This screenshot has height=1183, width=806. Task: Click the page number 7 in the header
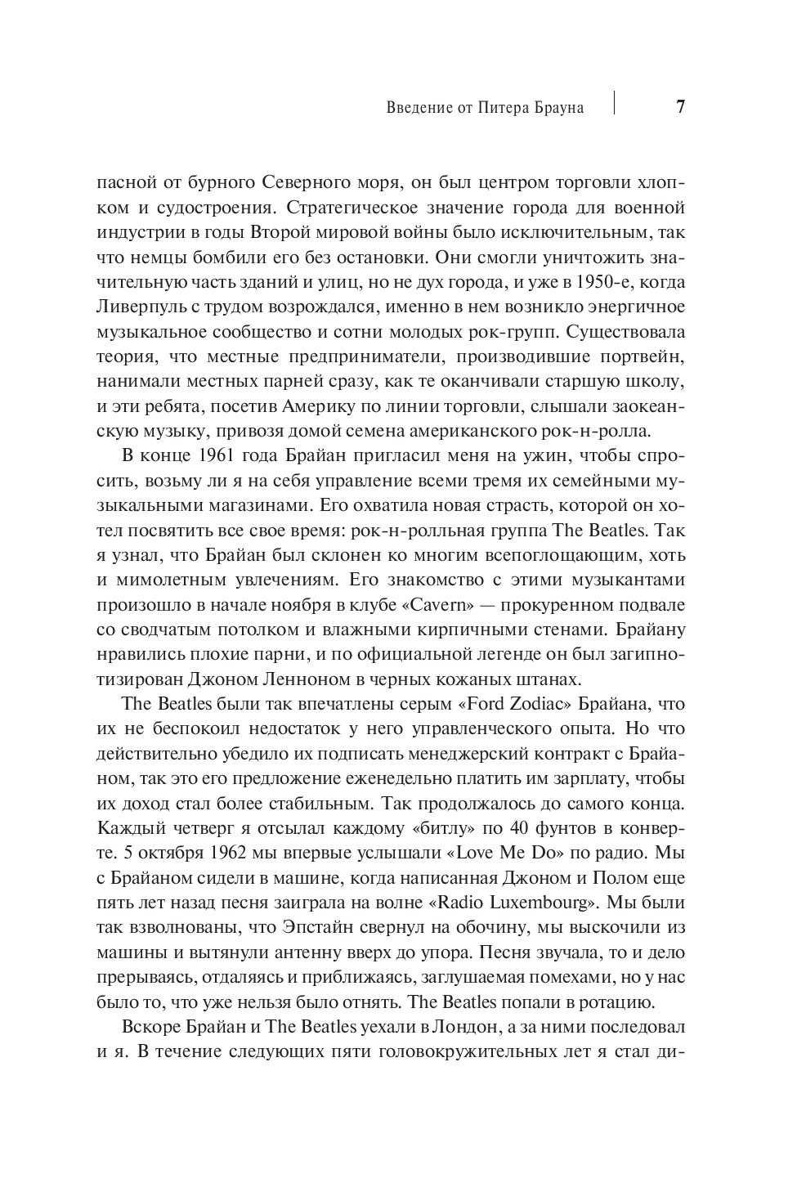tap(680, 108)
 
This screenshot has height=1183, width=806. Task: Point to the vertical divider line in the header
tap(614, 103)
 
